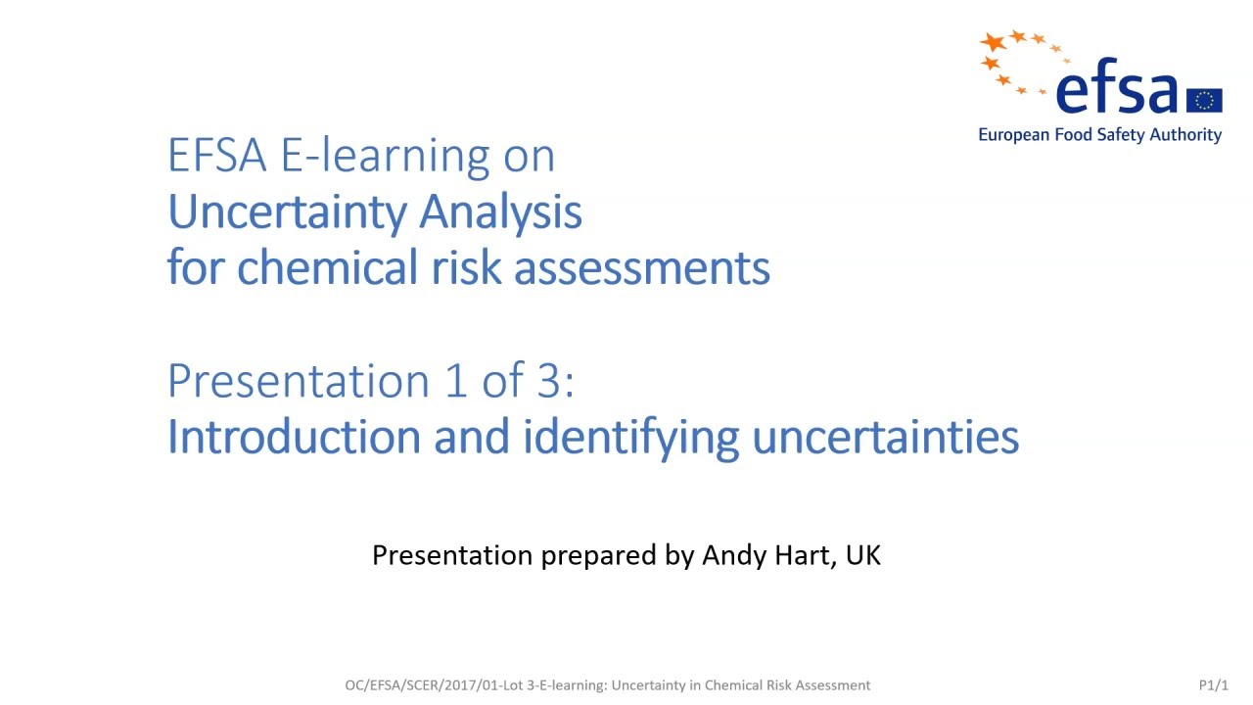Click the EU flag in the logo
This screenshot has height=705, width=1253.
1204,100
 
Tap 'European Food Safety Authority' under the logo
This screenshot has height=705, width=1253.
1099,135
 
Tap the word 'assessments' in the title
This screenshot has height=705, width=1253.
641,268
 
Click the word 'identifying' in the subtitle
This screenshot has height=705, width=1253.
630,438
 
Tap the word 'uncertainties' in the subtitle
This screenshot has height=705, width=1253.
885,438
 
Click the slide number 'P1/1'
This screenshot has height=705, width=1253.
1213,685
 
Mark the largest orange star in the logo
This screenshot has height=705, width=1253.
995,42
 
